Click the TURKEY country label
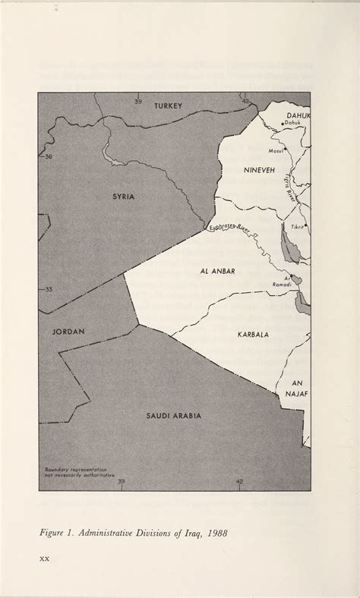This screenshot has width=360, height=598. coord(169,105)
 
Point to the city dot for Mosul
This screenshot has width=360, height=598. coord(284,149)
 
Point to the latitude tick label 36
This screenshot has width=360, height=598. coord(49,156)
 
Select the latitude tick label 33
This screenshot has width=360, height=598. coord(49,289)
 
